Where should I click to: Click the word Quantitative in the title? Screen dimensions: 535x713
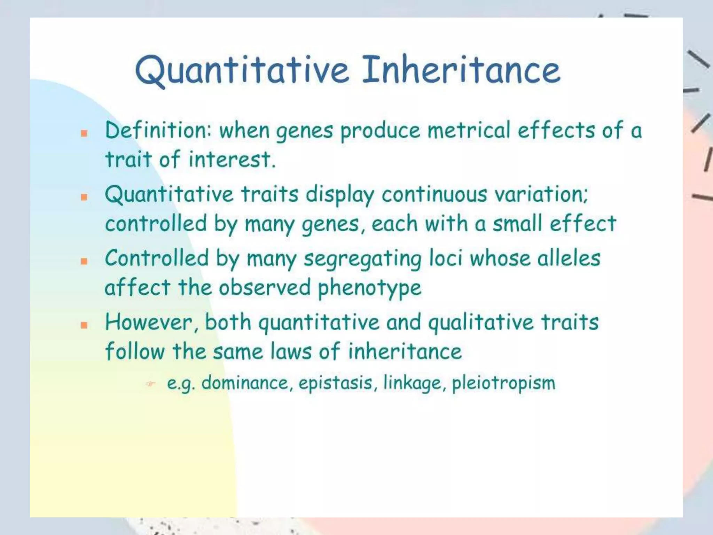click(242, 71)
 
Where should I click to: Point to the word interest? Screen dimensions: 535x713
click(232, 160)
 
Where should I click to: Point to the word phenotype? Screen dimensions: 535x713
click(369, 289)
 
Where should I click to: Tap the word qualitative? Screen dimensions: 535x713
click(481, 323)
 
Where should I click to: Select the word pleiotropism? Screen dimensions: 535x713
click(503, 383)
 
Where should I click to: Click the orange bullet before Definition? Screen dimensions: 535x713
click(84, 133)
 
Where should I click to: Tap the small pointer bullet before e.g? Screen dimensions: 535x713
click(150, 384)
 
